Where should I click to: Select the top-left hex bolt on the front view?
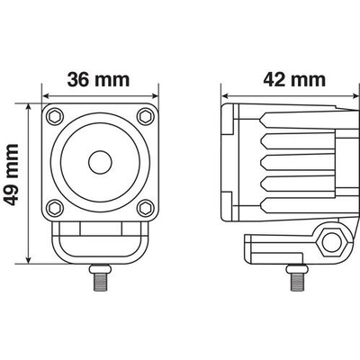tap(55, 117)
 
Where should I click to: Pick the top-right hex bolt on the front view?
tap(144, 117)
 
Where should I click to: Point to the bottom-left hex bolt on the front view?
tap(55, 207)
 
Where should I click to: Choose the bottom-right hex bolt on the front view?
tap(144, 207)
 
